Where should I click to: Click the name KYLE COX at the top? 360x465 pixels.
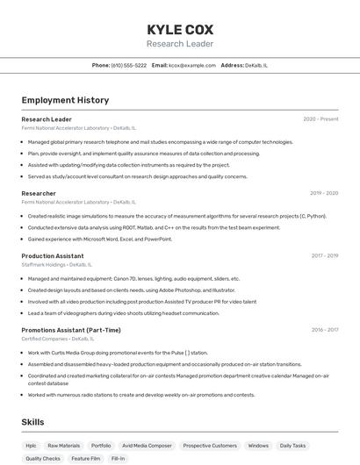[180, 30]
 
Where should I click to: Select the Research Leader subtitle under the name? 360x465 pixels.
[180, 44]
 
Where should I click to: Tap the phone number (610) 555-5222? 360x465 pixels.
[129, 65]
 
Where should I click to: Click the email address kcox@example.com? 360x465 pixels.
[191, 65]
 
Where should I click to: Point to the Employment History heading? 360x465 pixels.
[65, 100]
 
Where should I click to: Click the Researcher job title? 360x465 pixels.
[39, 193]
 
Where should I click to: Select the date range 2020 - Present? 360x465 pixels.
[320, 119]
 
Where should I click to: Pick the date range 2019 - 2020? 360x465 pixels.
[324, 193]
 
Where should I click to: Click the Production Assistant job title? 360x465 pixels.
[53, 256]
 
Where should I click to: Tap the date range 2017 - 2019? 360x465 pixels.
[324, 256]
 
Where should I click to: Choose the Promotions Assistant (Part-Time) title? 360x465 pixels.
[71, 330]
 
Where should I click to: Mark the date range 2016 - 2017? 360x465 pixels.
[324, 330]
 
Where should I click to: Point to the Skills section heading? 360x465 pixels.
[33, 422]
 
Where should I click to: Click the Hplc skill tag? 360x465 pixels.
[31, 446]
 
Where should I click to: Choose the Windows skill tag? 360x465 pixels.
[258, 446]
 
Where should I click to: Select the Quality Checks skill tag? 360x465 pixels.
[43, 458]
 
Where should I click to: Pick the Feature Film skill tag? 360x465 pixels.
[86, 458]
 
